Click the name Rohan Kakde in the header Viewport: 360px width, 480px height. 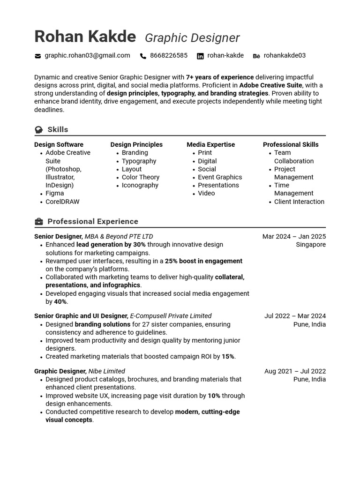[85, 37]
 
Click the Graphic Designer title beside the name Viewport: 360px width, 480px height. [192, 38]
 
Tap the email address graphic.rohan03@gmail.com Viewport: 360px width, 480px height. [87, 56]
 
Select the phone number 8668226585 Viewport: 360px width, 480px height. [168, 56]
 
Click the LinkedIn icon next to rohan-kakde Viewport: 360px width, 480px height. [200, 56]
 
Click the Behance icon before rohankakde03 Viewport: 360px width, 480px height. [256, 56]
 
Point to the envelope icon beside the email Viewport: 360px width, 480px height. [37, 56]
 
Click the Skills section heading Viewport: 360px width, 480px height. [58, 129]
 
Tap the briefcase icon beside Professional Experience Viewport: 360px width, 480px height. [39, 222]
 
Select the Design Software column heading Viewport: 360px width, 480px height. [59, 145]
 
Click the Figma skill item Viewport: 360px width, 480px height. [54, 193]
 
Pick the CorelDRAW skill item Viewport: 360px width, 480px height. [62, 202]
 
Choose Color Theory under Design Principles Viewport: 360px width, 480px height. [141, 177]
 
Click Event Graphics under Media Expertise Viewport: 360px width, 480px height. [220, 177]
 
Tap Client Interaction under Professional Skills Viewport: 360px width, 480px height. [299, 202]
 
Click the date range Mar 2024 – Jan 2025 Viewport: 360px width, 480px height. [294, 237]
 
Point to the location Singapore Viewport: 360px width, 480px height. [310, 245]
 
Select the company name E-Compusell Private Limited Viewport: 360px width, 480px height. [171, 316]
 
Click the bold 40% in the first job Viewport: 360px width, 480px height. [60, 302]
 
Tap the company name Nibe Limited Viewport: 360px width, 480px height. [106, 371]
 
